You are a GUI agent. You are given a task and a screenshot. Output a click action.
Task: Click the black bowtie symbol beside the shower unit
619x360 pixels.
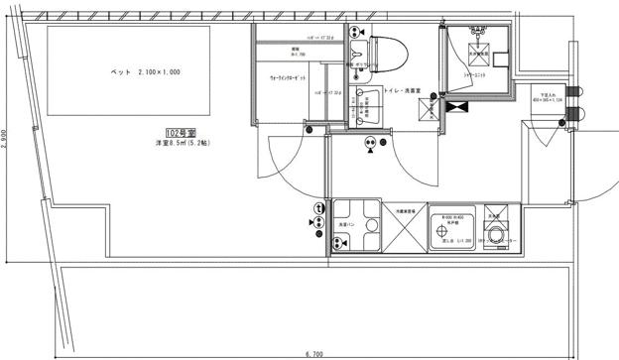tap(457, 105)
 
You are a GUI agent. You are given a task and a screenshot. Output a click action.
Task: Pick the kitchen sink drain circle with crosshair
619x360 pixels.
tap(442, 235)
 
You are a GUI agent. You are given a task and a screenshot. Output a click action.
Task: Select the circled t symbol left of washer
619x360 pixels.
tap(319, 209)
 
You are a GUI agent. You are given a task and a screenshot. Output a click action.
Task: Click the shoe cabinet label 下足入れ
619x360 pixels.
tap(547, 94)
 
